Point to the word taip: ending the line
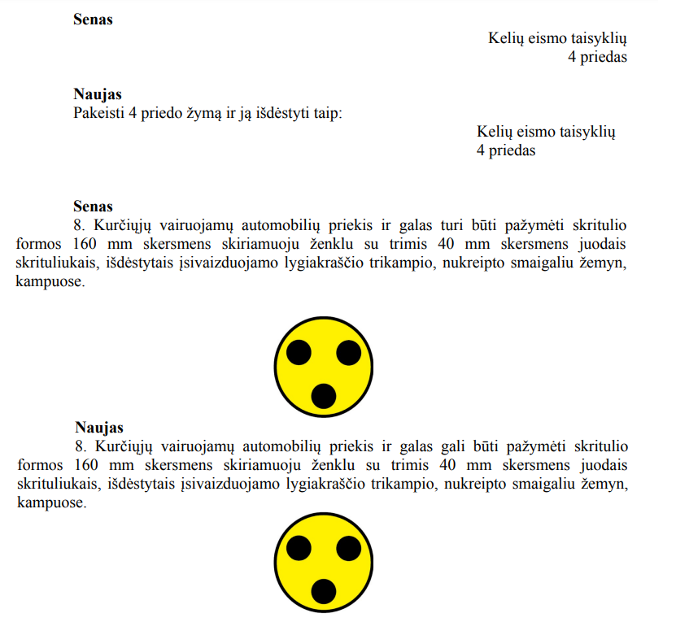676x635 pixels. pyautogui.click(x=325, y=112)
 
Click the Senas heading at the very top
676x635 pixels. pyautogui.click(x=93, y=20)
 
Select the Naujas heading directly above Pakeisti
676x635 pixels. pyautogui.click(x=98, y=94)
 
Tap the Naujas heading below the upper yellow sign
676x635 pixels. pyautogui.click(x=99, y=427)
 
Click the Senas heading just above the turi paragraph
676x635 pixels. pyautogui.click(x=93, y=207)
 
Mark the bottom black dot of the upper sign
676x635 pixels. pyautogui.click(x=324, y=396)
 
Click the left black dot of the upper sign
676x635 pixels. pyautogui.click(x=299, y=353)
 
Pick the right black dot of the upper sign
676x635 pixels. pyautogui.click(x=348, y=353)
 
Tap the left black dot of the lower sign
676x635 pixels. pyautogui.click(x=299, y=548)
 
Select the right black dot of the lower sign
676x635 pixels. pyautogui.click(x=348, y=548)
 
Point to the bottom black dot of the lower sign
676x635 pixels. pyautogui.click(x=324, y=591)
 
